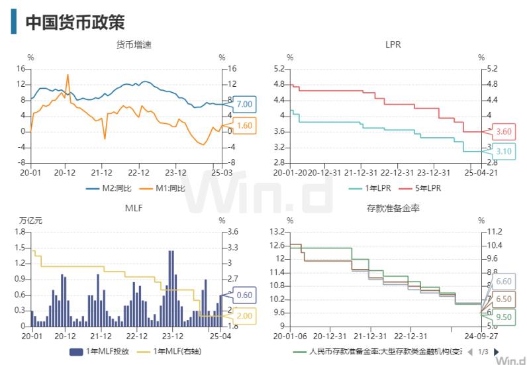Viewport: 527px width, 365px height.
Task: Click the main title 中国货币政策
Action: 75,22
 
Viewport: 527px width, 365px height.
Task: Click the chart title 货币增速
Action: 134,45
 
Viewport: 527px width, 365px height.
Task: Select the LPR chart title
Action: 393,45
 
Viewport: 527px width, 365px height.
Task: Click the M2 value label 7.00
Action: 244,104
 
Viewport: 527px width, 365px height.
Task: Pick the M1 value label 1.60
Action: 244,126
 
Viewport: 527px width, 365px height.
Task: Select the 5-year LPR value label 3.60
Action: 504,132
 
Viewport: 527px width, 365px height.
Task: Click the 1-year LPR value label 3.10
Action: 504,152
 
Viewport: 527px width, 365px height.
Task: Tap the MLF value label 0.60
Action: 244,295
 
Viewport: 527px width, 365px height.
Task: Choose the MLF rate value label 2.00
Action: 244,316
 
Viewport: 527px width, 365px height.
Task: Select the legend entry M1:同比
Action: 163,188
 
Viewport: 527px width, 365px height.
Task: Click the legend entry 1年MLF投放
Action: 97,351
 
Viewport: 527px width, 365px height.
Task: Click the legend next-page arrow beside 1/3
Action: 497,351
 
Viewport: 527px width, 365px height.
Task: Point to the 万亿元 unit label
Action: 30,221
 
